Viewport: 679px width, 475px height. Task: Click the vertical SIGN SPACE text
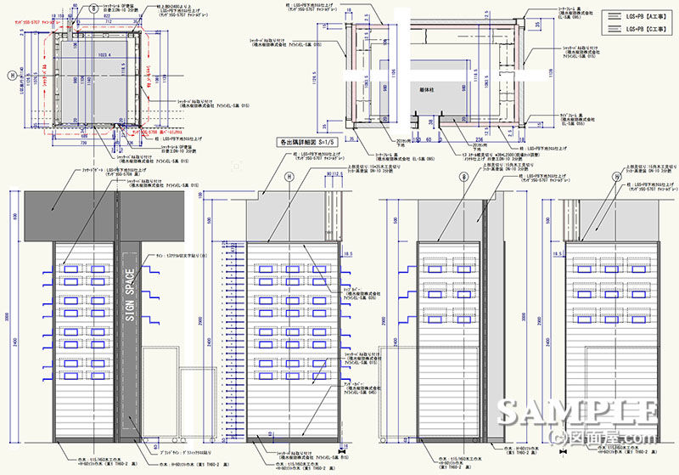[x=130, y=294]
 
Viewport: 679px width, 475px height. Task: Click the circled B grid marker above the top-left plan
[x=93, y=4]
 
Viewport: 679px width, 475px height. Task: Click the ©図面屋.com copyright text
[x=604, y=438]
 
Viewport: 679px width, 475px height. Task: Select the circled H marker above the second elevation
[x=289, y=177]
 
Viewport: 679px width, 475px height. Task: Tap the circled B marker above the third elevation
[x=463, y=177]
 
